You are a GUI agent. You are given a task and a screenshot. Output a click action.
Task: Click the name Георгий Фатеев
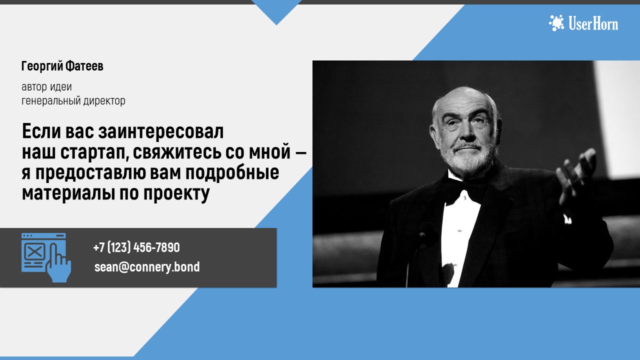point(62,66)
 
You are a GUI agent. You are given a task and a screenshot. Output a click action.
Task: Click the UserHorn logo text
point(593,23)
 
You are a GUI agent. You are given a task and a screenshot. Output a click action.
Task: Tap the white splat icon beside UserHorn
point(556,23)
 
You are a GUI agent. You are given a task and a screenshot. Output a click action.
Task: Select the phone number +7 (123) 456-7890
point(136,247)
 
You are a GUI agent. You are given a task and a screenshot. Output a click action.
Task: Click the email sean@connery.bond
point(147,267)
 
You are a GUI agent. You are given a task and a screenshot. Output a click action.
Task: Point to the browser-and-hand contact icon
point(46,257)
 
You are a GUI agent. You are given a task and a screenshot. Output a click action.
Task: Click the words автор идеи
point(46,87)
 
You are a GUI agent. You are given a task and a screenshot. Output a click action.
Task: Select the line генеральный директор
point(73,101)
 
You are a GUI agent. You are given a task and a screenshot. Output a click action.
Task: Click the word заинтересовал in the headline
point(161,131)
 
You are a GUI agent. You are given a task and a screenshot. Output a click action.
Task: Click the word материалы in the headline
point(68,193)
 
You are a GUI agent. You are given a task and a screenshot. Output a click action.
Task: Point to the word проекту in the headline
point(176,193)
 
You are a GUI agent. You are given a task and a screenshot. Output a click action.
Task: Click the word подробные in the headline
point(232,173)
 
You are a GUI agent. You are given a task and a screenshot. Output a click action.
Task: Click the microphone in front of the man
point(423,234)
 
